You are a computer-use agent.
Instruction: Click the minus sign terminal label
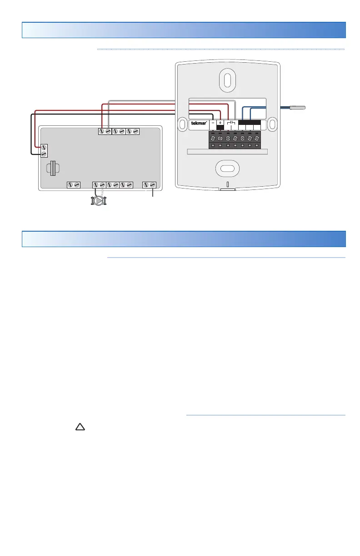pyautogui.click(x=213, y=123)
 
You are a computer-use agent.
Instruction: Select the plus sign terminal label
pyautogui.click(x=220, y=123)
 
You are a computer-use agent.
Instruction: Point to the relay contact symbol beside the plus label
pyautogui.click(x=231, y=123)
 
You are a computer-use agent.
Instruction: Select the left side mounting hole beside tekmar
pyautogui.click(x=181, y=124)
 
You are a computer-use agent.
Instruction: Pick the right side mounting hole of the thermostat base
pyautogui.click(x=273, y=124)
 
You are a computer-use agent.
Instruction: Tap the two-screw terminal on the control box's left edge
pyautogui.click(x=44, y=151)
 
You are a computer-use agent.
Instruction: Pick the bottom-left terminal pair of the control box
pyautogui.click(x=73, y=185)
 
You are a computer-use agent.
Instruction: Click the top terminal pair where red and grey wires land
pyautogui.click(x=105, y=131)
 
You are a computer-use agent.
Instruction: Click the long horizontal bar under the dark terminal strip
pyautogui.click(x=227, y=152)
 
